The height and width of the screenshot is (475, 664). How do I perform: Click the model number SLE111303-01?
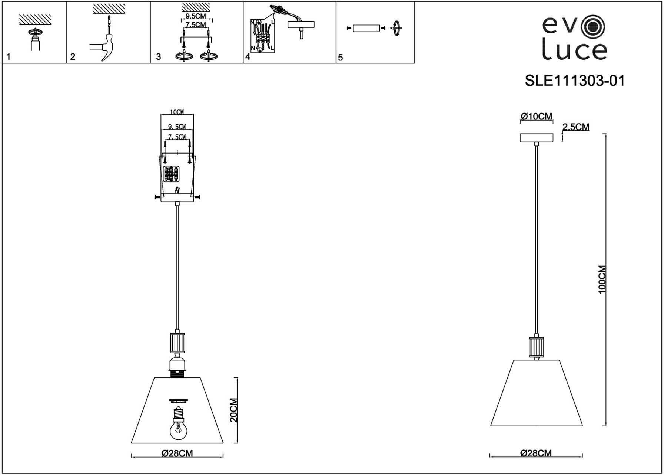tap(575, 81)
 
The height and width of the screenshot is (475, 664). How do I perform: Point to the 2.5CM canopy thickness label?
tap(576, 127)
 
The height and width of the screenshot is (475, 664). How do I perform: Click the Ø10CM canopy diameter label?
tap(536, 117)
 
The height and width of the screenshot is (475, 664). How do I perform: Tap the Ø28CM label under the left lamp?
tap(177, 453)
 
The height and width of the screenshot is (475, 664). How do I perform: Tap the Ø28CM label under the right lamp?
tap(536, 453)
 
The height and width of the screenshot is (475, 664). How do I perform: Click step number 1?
tap(9, 57)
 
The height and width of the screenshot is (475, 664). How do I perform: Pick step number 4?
tap(248, 57)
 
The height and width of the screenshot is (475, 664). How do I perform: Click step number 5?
tap(341, 58)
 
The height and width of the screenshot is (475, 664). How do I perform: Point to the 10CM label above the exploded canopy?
tap(177, 112)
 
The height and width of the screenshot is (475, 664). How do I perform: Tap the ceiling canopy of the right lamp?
tap(536, 138)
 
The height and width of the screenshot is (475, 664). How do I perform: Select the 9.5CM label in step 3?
tap(196, 16)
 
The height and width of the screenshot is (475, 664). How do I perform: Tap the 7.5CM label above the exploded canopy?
tap(177, 137)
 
